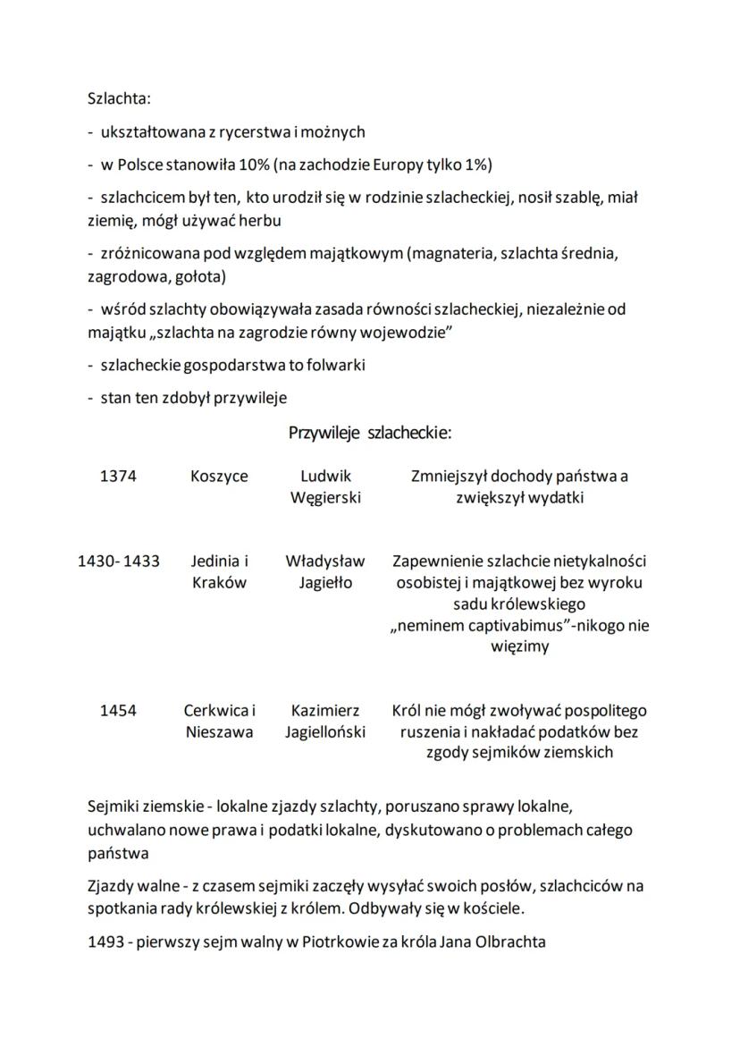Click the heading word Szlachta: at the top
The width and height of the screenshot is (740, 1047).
tap(120, 97)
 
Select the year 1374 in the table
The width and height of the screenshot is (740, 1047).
tap(118, 477)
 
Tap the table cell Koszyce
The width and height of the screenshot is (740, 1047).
tap(219, 477)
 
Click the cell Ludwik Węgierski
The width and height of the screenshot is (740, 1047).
tap(325, 487)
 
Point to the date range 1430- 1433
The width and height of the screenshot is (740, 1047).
tap(119, 561)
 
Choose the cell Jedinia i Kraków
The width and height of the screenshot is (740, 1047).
tap(219, 572)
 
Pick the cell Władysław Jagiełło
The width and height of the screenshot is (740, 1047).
tap(325, 572)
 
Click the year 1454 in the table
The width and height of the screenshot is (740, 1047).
tap(118, 711)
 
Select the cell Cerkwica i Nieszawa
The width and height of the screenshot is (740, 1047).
tap(219, 722)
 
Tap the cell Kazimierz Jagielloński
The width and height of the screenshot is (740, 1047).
tap(325, 722)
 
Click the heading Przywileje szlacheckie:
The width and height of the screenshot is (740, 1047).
tap(370, 434)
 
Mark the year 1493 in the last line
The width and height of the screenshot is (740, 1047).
tap(105, 941)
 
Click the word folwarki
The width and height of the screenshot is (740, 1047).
tap(335, 366)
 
